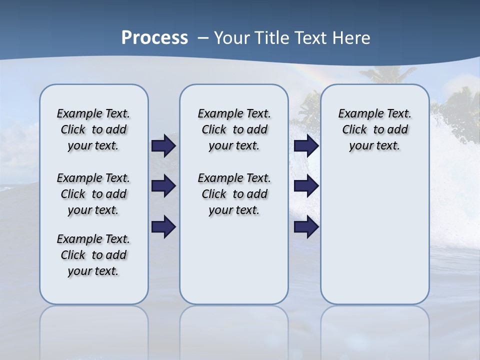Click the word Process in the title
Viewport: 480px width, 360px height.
click(x=154, y=37)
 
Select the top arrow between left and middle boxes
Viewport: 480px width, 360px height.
click(x=163, y=146)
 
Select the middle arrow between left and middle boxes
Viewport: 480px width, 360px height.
click(x=163, y=186)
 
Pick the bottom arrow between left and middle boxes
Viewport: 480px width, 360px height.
click(x=163, y=226)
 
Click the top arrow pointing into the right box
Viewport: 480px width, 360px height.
click(x=306, y=146)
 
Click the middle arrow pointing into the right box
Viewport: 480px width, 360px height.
click(x=306, y=186)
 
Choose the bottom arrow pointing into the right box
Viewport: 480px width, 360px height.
click(x=306, y=226)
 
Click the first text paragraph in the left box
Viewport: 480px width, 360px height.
click(x=93, y=129)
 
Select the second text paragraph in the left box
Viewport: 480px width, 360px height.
click(x=93, y=194)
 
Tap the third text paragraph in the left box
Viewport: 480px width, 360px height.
click(x=93, y=255)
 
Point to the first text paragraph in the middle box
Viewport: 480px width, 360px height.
click(x=234, y=129)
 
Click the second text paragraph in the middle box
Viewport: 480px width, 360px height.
click(x=234, y=194)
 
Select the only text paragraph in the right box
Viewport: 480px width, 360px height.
click(x=374, y=129)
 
